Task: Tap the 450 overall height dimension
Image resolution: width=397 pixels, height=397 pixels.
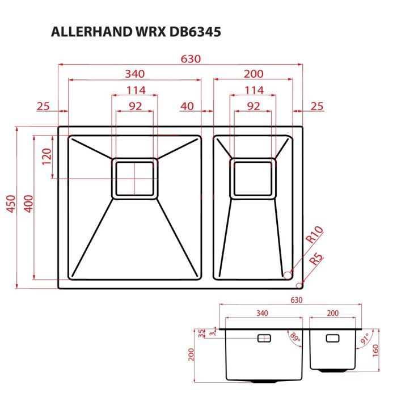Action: [10, 208]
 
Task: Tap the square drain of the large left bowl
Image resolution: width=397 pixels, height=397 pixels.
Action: [134, 178]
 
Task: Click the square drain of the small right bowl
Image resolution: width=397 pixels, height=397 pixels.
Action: [254, 178]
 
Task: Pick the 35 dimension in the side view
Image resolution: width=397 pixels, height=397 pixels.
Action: [201, 332]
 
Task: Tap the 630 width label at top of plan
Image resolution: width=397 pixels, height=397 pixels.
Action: [191, 58]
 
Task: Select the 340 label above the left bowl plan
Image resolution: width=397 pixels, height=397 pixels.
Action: [134, 74]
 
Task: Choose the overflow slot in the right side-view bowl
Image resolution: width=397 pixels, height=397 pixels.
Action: [332, 338]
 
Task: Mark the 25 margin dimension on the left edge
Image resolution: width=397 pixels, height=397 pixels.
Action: [43, 106]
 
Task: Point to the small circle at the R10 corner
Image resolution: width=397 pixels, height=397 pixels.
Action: [287, 274]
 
